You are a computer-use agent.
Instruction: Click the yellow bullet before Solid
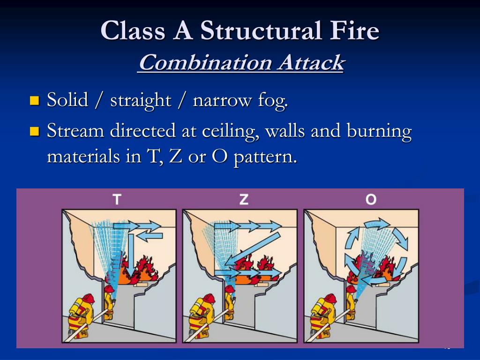34,100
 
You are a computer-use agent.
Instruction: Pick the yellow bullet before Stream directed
34,131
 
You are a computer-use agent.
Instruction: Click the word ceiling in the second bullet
228,132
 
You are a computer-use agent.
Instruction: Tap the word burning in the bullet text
379,132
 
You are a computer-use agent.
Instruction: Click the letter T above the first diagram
117,200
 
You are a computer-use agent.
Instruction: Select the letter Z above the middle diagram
244,200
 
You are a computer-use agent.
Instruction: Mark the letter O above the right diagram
371,200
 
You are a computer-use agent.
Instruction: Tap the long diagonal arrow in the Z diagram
253,247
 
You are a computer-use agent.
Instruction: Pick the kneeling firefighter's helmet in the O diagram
330,299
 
